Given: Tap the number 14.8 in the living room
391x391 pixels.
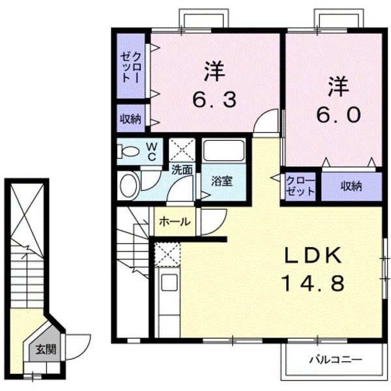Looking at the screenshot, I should [312, 283].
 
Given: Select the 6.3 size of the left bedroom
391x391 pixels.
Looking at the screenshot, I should [214, 100].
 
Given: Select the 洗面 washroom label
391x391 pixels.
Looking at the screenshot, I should [182, 170].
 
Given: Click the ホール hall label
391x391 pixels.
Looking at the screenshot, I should [175, 222].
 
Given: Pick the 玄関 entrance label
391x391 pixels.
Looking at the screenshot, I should [46, 349].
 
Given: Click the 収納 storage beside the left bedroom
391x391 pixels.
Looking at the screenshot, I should [130, 119].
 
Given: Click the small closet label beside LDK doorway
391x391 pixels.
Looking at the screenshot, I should [300, 186].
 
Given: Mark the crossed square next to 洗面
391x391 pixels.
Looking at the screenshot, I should [182, 150].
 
